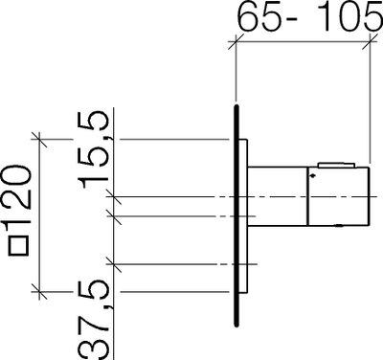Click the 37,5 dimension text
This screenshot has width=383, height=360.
[95, 319]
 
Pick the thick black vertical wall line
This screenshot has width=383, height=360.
[237, 215]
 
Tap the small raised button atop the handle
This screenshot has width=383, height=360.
[336, 165]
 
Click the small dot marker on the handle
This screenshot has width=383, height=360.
[312, 175]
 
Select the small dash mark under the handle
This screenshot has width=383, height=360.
[339, 226]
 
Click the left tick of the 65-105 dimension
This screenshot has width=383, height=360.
[236, 41]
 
